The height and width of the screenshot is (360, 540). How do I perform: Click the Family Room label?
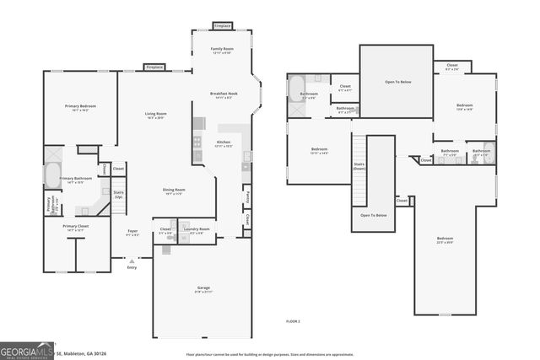222,50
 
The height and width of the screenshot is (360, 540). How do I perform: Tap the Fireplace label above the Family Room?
222,25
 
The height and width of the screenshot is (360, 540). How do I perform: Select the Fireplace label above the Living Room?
154,67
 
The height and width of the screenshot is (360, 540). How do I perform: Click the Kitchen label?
224,142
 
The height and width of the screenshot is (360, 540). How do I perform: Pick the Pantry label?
247,196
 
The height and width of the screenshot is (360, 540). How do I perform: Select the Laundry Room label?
197,229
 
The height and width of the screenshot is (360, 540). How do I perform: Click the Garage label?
203,287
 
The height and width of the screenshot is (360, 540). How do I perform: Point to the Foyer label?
132,231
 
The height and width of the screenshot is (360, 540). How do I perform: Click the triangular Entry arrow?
131,261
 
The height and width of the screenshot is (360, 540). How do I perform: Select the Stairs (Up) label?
118,193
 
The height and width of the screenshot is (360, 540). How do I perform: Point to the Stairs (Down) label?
359,167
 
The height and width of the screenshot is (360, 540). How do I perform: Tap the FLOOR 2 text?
293,320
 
